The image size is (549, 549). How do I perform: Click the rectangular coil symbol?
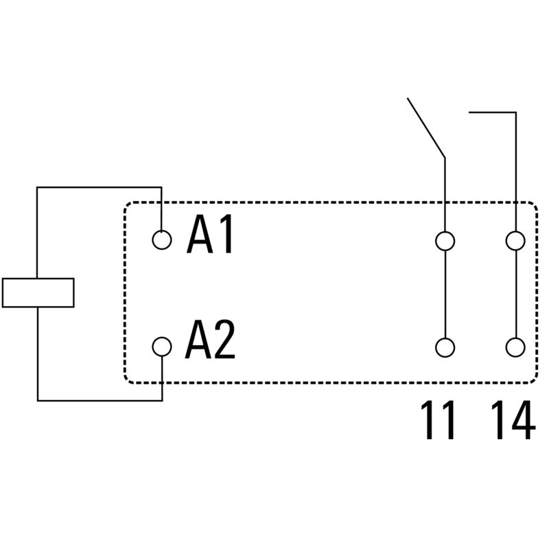pos(38,292)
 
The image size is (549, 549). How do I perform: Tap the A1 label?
pos(211,237)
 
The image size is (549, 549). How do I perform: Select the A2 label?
pos(210,342)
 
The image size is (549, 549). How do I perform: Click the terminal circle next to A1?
pos(162,240)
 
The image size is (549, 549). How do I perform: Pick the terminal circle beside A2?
pos(162,347)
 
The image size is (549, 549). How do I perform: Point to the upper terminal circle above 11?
pos(445,240)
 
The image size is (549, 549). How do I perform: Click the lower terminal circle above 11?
pos(445,347)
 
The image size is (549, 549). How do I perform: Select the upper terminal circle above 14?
pos(515,240)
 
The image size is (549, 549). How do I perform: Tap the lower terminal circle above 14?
pos(515,347)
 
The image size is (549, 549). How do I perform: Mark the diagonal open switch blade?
pos(426,128)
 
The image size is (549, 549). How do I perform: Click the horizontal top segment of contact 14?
pos(492,110)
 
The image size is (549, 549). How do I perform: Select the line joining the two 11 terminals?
pos(445,294)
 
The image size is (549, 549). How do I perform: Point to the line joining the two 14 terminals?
pos(515,294)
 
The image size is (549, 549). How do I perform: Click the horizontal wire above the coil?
pos(100,187)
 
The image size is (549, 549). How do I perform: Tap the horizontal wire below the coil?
pos(100,399)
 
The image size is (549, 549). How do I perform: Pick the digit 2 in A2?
pos(223,342)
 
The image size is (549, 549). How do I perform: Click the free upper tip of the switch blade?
pos(408,99)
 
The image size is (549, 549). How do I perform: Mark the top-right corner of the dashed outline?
pos(533,204)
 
